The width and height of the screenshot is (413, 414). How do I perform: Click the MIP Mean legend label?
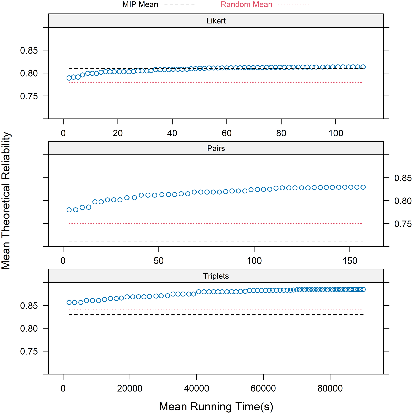tap(140, 4)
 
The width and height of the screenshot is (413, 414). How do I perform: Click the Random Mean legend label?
tap(246, 4)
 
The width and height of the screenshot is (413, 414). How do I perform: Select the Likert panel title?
tap(216, 21)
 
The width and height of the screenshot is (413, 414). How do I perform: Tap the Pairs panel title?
tap(216, 148)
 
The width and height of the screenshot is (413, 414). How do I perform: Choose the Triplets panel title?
tap(216, 276)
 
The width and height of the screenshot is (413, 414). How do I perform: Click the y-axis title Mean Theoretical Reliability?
tap(6, 201)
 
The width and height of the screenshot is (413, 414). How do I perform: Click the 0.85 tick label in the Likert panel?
tap(29, 50)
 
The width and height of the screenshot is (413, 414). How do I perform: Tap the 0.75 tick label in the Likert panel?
tap(29, 96)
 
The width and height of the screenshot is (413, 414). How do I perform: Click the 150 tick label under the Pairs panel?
tap(350, 261)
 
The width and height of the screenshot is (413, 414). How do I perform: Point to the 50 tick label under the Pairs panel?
tap(159, 261)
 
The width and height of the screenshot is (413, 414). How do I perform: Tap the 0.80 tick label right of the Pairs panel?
tap(403, 201)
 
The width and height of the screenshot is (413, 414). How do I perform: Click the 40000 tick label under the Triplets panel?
tap(196, 388)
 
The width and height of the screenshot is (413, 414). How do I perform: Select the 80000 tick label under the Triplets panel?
tap(330, 388)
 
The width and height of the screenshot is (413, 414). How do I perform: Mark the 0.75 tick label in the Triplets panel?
tap(29, 351)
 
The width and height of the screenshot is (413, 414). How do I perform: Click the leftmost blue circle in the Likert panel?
tap(69, 78)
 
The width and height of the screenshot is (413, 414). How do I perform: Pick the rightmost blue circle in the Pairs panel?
tap(363, 187)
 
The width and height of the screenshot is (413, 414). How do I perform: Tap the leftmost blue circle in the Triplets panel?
tap(69, 302)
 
